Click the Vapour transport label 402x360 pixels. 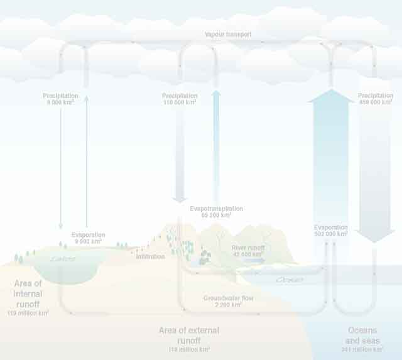[228, 35]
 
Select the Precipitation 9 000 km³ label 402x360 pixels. [60, 99]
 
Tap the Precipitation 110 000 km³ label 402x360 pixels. [180, 99]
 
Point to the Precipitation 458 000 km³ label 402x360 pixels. [376, 99]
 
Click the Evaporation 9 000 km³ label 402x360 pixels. [88, 238]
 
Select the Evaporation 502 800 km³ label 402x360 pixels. [330, 231]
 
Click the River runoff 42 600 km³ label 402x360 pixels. [247, 251]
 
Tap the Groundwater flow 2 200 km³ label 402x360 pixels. [227, 301]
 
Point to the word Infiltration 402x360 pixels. [150, 257]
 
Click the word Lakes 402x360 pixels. [63, 259]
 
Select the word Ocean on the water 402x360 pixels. [289, 280]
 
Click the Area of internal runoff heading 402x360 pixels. [28, 293]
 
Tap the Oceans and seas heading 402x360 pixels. [364, 335]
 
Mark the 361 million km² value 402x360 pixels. [362, 349]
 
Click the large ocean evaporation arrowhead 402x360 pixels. [330, 96]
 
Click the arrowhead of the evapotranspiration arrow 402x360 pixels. [216, 94]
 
